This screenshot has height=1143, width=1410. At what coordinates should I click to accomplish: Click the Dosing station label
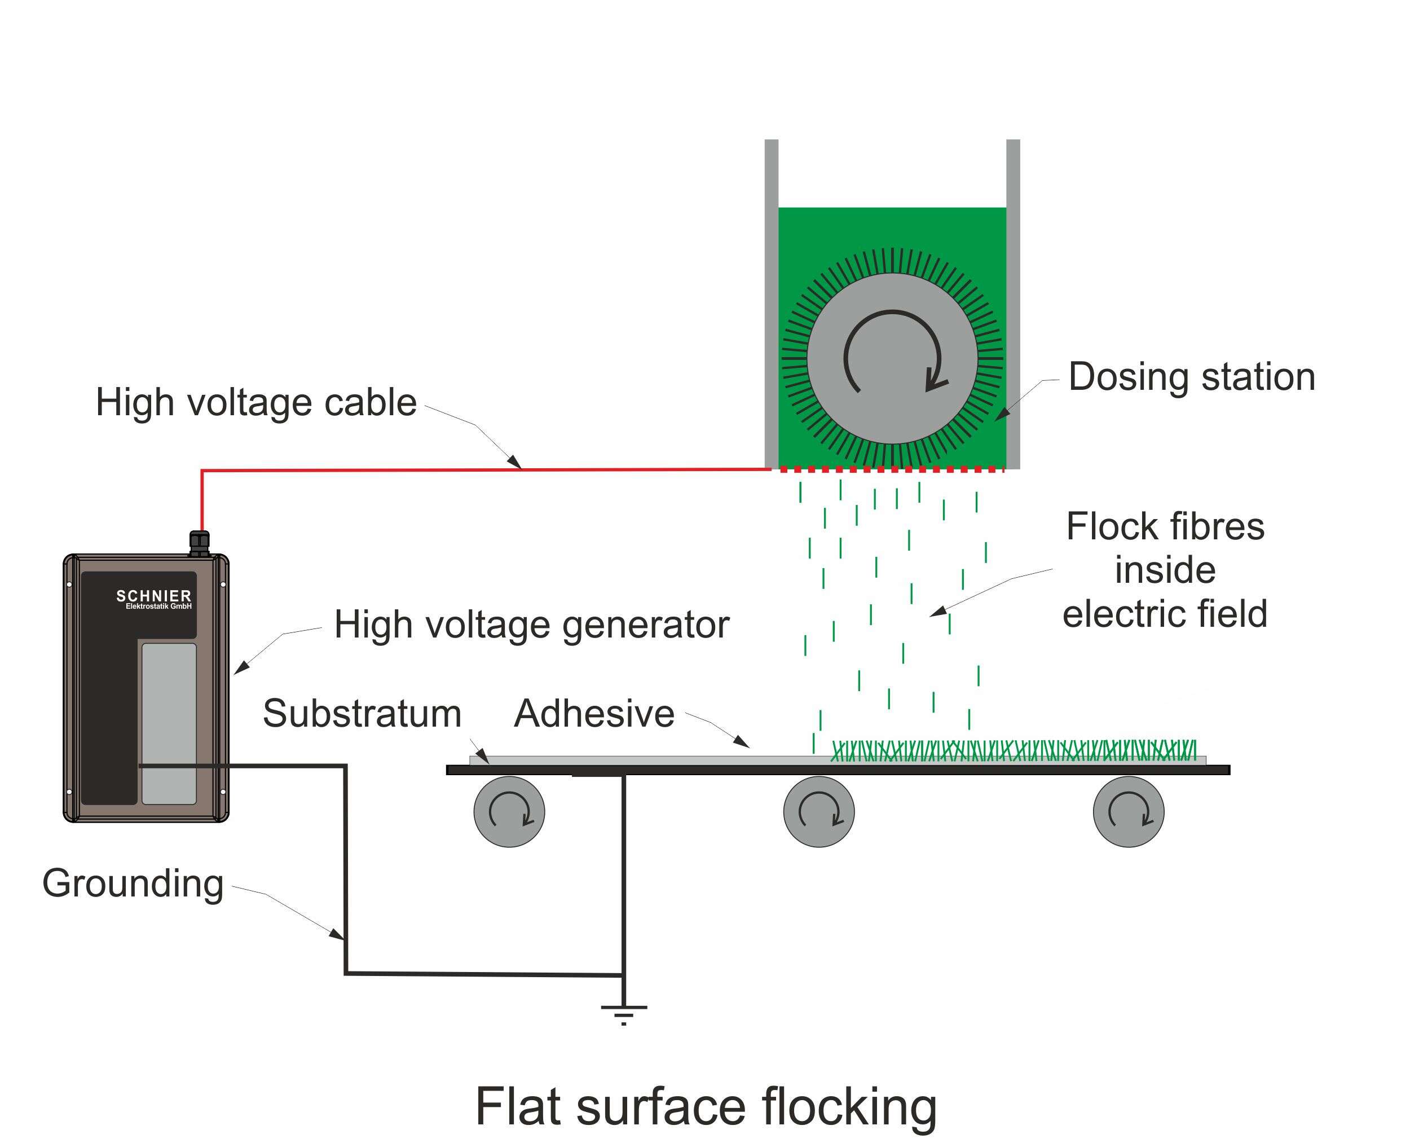1192,377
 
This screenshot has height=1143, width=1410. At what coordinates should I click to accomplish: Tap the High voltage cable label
256,402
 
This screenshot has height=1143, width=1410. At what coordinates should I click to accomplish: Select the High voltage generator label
531,624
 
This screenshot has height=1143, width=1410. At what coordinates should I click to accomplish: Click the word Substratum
362,713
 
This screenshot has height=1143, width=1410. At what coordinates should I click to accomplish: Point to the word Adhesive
594,713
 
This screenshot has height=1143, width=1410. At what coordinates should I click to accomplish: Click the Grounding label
133,883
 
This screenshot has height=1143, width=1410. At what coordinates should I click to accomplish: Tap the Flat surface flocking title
706,1107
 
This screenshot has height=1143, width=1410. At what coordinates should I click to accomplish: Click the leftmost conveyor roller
509,811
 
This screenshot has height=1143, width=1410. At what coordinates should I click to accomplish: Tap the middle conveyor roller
819,811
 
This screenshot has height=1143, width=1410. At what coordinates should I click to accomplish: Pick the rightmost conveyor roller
1128,811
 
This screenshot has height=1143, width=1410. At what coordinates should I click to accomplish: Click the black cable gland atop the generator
200,543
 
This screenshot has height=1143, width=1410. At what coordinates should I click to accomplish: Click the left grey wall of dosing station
772,303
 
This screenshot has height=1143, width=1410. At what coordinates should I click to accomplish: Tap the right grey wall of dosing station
1013,303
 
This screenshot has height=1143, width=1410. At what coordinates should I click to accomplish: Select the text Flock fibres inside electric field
1165,570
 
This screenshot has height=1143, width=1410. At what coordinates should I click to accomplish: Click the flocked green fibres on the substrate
1014,750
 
